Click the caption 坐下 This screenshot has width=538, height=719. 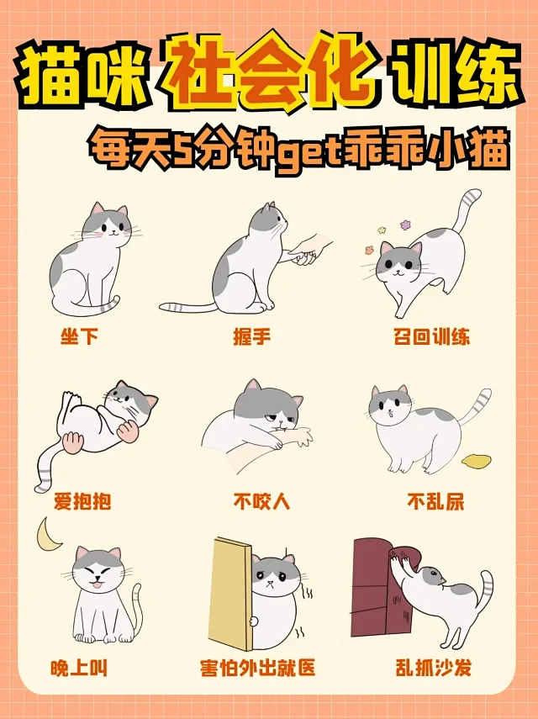point(80,337)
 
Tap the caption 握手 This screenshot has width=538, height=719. point(251,337)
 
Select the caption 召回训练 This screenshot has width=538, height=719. point(431,337)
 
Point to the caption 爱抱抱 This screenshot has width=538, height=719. point(82,502)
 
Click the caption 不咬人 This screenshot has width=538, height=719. point(261,502)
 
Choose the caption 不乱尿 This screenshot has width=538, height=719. point(435,502)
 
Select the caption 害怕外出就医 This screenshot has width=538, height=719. point(257,669)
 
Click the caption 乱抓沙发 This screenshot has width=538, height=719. point(433,669)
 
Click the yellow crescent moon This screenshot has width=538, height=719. point(50,531)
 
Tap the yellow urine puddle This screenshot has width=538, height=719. point(480,461)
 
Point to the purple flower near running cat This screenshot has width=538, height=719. point(406,225)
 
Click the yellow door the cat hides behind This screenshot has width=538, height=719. point(229,593)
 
